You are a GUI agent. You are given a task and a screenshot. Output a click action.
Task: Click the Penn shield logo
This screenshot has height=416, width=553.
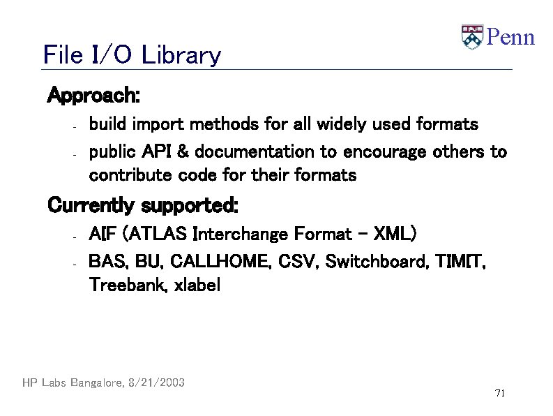[472, 38]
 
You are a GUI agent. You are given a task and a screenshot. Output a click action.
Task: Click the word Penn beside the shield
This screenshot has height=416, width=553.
[510, 37]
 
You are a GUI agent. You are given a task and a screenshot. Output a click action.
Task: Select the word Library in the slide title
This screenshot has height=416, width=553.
[181, 55]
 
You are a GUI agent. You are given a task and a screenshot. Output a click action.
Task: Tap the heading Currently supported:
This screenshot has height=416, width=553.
[143, 207]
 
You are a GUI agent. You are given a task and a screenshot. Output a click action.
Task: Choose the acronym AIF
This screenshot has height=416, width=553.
[102, 233]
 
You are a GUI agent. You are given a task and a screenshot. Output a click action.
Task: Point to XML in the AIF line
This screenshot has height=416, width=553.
[392, 233]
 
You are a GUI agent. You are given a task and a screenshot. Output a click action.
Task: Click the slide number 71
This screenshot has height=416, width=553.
[499, 394]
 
